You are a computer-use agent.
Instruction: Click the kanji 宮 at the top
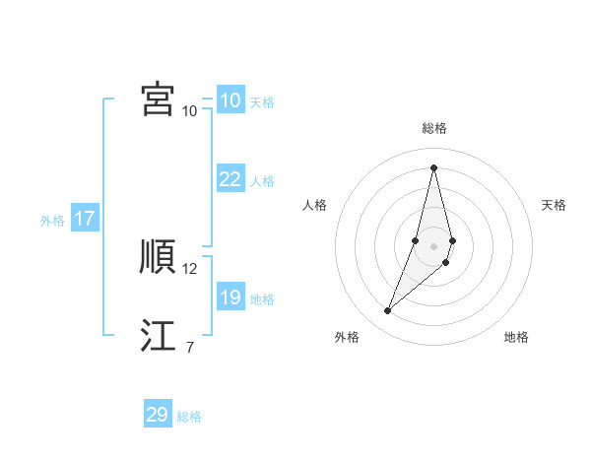(x=158, y=99)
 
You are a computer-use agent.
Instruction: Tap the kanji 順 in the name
(x=158, y=256)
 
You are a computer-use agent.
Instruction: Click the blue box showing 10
(x=230, y=100)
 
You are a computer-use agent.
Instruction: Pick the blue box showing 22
(x=230, y=179)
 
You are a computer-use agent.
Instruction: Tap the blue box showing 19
(x=230, y=298)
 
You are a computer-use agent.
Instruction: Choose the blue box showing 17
(x=84, y=219)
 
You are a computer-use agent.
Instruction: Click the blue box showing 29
(x=158, y=415)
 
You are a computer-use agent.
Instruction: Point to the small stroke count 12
(x=190, y=269)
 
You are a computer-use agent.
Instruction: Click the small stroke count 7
(x=189, y=347)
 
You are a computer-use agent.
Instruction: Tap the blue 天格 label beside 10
(x=262, y=102)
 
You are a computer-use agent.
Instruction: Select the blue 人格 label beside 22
(x=262, y=181)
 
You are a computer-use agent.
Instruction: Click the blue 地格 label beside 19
(x=262, y=299)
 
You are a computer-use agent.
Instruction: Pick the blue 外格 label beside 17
(x=52, y=221)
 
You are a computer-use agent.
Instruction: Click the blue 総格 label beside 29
(x=189, y=417)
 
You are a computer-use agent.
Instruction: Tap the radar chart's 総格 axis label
(x=433, y=128)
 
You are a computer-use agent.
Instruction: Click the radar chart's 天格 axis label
(x=554, y=205)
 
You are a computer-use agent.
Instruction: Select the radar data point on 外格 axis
(x=388, y=311)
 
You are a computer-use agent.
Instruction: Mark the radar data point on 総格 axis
(x=433, y=165)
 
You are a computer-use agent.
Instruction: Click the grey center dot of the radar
(x=433, y=246)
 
